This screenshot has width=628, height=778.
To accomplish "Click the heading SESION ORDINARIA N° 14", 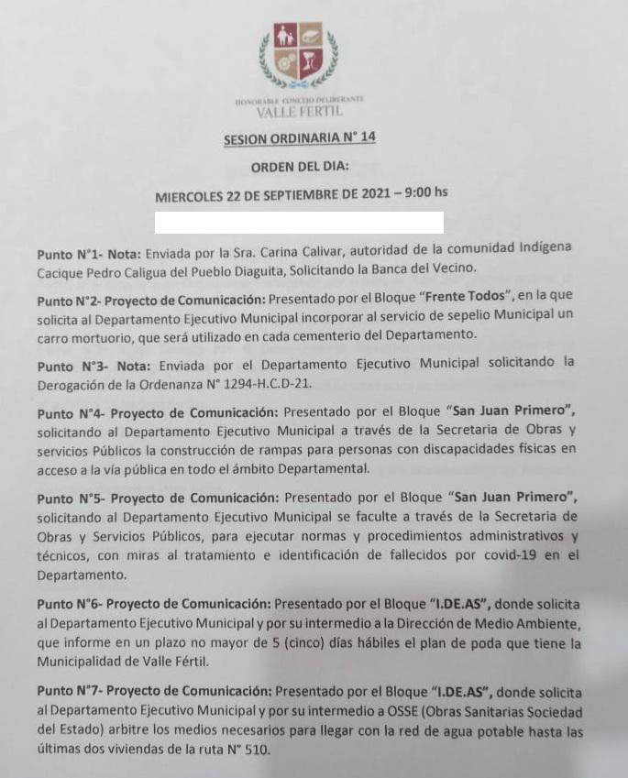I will pyautogui.click(x=300, y=138).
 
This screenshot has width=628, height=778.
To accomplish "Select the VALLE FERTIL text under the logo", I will pyautogui.click(x=300, y=112).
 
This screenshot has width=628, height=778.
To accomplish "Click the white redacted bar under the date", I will pyautogui.click(x=299, y=223).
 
